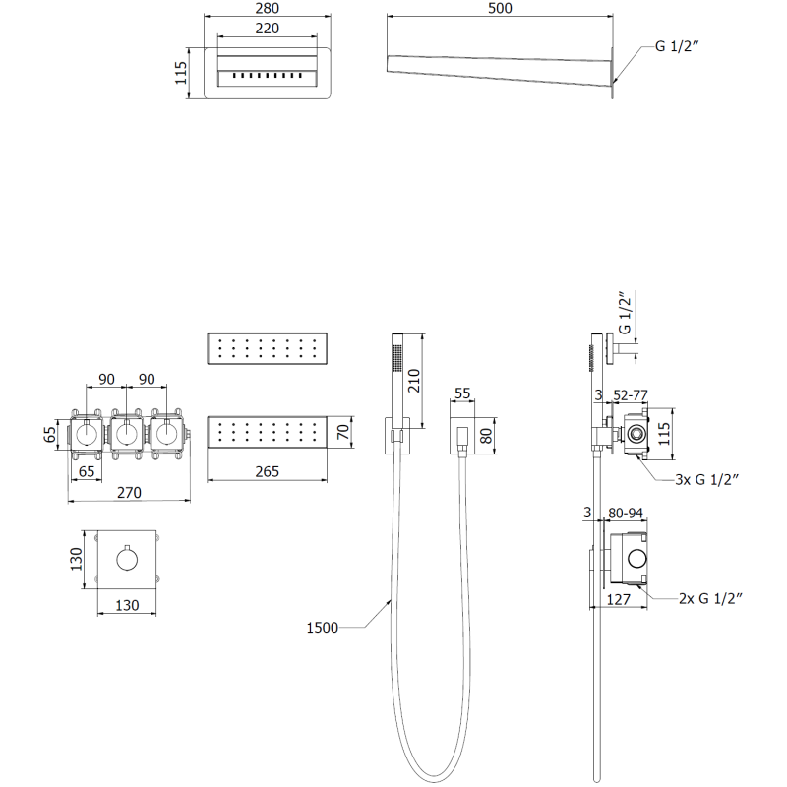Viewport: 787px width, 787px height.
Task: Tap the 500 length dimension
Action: [x=500, y=9]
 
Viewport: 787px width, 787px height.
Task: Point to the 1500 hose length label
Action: [x=324, y=628]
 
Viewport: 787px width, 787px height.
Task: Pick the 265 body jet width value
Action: [x=267, y=471]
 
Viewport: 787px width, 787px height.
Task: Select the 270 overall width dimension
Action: [x=129, y=492]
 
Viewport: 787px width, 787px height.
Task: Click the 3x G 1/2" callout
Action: [x=707, y=479]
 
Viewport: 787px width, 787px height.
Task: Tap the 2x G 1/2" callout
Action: [x=707, y=597]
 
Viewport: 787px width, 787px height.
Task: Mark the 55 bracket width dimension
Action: [x=461, y=393]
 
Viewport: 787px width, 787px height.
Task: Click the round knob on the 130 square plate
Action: [x=128, y=560]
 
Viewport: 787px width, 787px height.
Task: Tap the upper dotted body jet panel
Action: [x=266, y=348]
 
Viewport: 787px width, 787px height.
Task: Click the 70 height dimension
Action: [x=343, y=433]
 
